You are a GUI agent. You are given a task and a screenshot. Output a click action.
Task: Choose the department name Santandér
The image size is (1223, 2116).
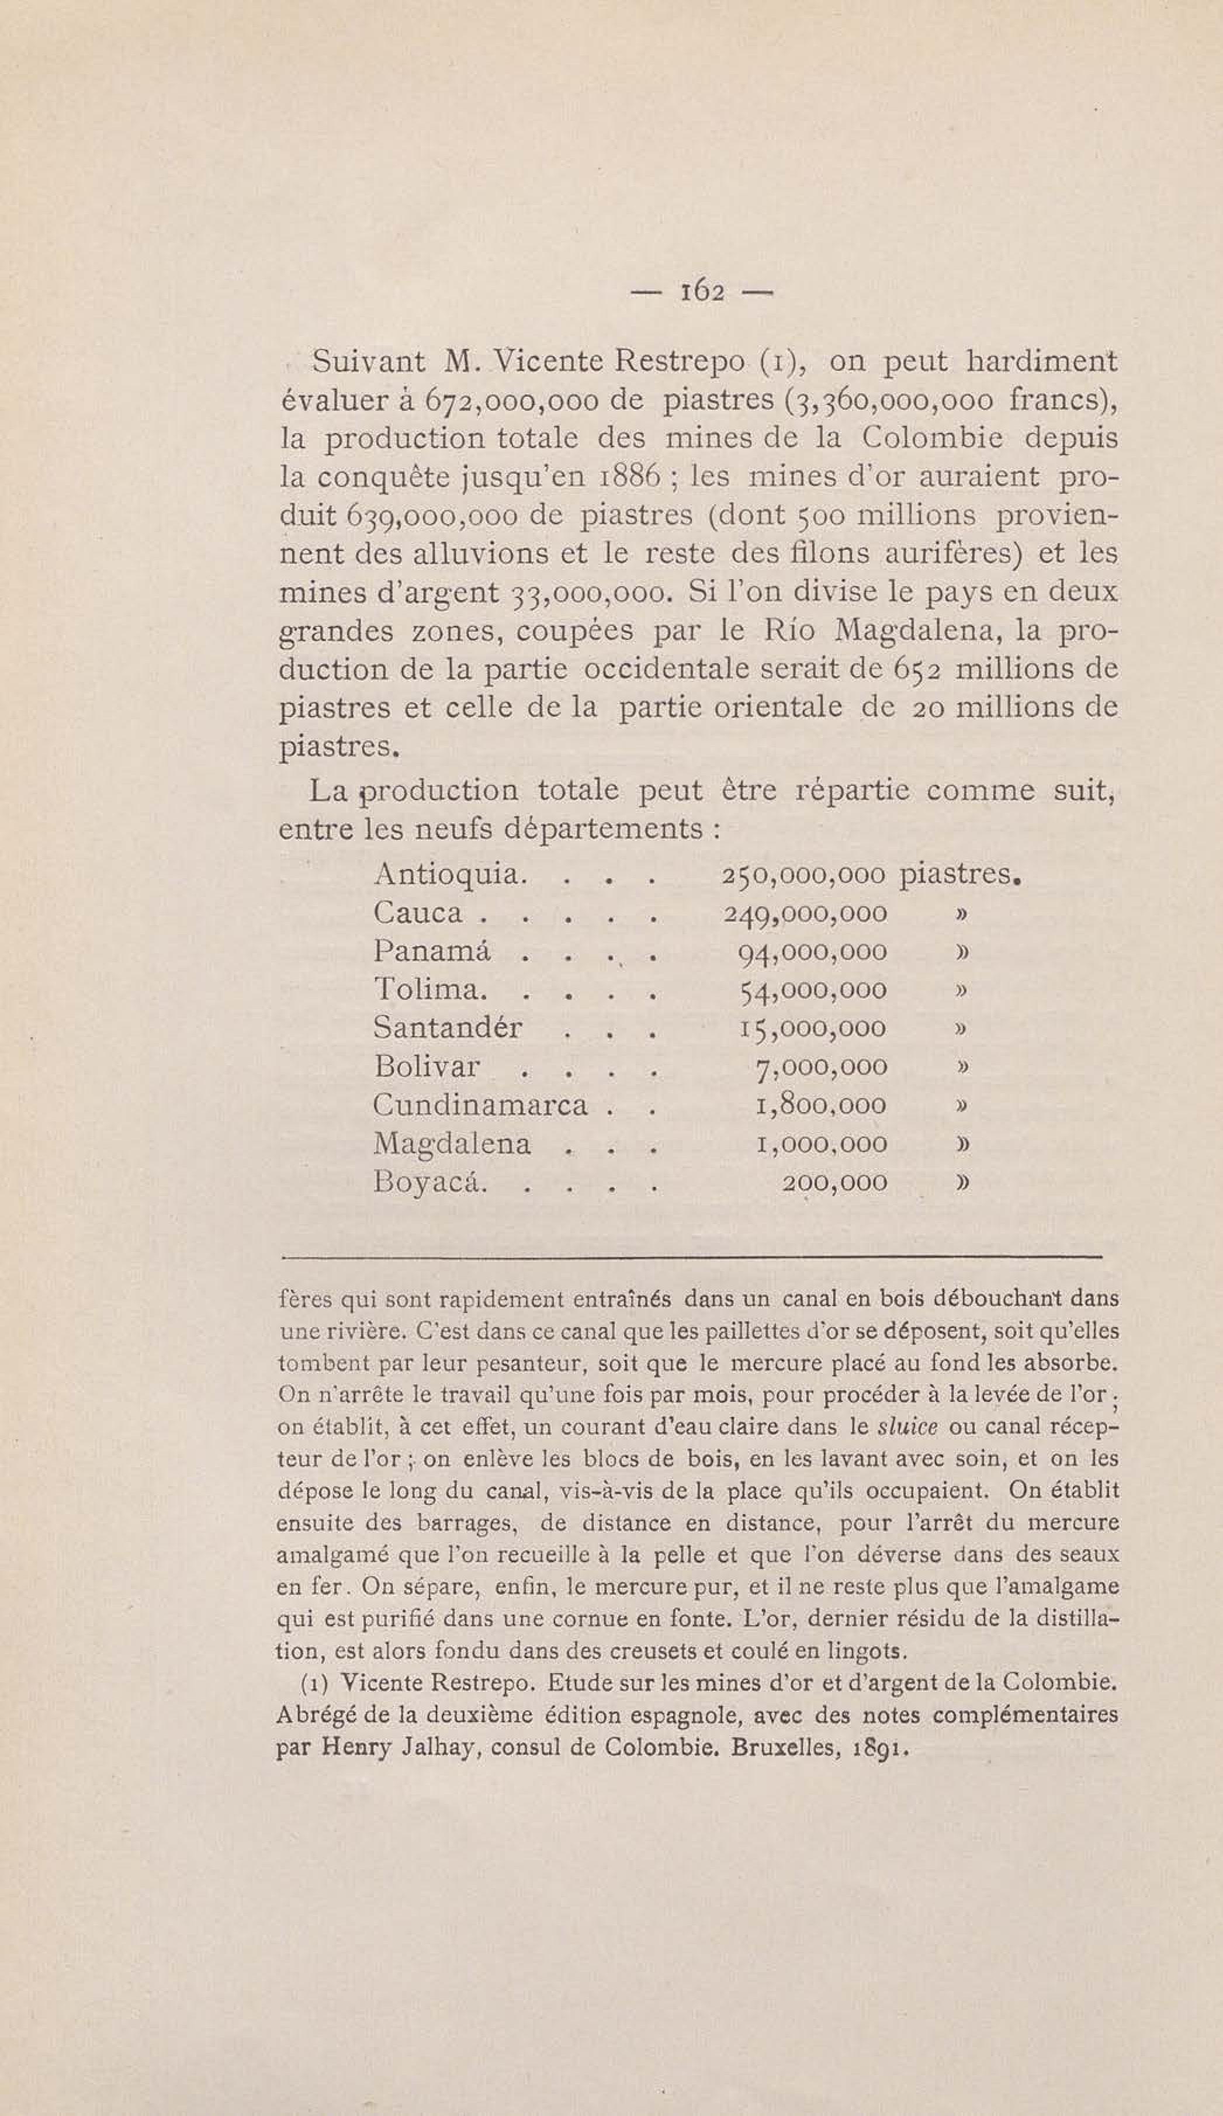tap(448, 1028)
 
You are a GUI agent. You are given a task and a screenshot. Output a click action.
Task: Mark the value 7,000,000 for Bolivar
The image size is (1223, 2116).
tap(821, 1067)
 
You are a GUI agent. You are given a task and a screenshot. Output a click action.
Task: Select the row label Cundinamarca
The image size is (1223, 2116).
tap(480, 1105)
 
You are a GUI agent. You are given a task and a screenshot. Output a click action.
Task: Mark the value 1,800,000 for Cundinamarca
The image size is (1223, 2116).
tap(821, 1106)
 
